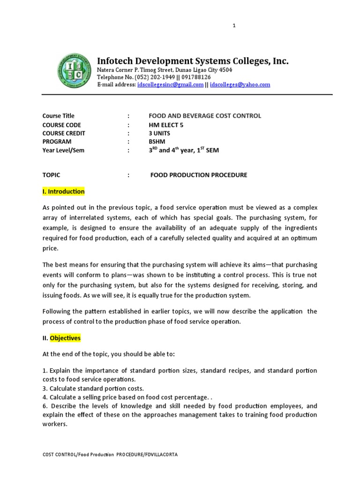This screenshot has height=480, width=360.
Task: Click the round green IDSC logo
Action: click(x=74, y=71)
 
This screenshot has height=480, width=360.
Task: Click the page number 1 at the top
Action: click(x=234, y=26)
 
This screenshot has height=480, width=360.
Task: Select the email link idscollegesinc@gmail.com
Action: click(x=171, y=85)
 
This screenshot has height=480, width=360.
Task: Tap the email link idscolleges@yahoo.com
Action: click(x=240, y=85)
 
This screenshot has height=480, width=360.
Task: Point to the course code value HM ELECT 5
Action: click(x=166, y=125)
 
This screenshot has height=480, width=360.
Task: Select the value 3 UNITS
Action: click(x=159, y=133)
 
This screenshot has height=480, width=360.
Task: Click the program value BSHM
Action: click(x=157, y=142)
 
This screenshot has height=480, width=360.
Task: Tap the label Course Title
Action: click(x=58, y=116)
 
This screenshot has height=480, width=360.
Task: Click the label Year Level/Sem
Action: click(x=63, y=150)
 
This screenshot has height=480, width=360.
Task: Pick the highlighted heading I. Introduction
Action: click(x=64, y=191)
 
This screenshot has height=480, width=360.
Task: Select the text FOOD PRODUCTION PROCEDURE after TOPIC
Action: click(x=198, y=175)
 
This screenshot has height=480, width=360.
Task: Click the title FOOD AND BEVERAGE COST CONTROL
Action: click(x=205, y=116)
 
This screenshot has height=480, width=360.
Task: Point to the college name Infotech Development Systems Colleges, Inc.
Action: click(x=193, y=61)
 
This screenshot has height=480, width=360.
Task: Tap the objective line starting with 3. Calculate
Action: click(x=93, y=388)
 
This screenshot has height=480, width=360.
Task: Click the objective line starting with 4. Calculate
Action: click(x=123, y=397)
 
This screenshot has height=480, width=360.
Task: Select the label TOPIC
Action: click(x=51, y=175)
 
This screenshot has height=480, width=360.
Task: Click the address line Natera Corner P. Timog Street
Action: click(x=164, y=70)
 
